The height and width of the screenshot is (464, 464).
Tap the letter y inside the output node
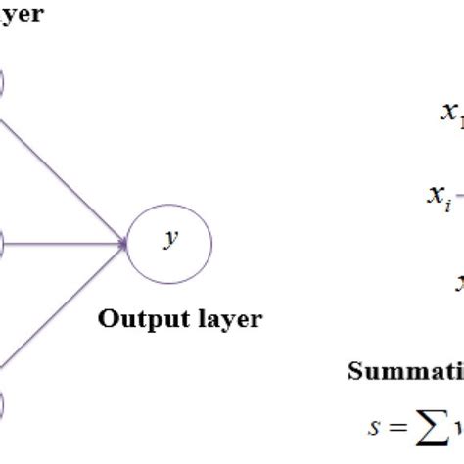pos(171,239)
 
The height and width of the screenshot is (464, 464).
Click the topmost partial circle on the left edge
pos(3,83)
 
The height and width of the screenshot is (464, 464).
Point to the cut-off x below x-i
pos(457,284)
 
